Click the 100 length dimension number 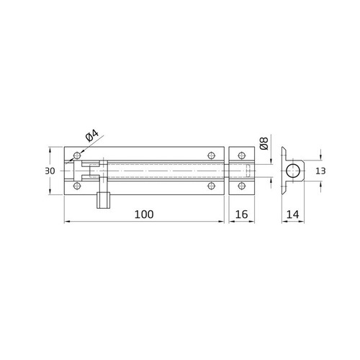pyautogui.click(x=143, y=214)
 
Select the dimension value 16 pyautogui.click(x=242, y=214)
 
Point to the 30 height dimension pyautogui.click(x=50, y=171)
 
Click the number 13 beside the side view pyautogui.click(x=320, y=171)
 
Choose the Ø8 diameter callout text pyautogui.click(x=264, y=143)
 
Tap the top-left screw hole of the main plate pyautogui.click(x=77, y=156)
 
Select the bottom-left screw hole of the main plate pyautogui.click(x=77, y=187)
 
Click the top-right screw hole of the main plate pyautogui.click(x=211, y=156)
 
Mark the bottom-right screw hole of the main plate pyautogui.click(x=211, y=187)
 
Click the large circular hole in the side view pyautogui.click(x=293, y=171)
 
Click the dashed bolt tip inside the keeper pyautogui.click(x=249, y=171)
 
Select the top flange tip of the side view pyautogui.click(x=285, y=148)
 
